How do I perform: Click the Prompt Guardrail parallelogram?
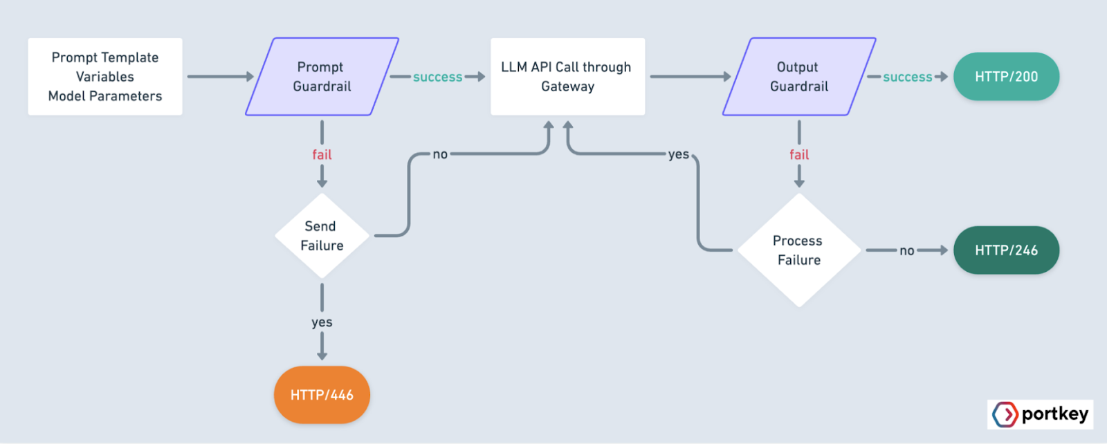(322, 77)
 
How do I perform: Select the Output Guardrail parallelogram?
(799, 77)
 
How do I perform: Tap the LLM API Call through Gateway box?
(567, 77)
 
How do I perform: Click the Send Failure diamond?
(322, 236)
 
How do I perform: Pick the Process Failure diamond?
(799, 250)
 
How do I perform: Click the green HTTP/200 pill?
(1006, 77)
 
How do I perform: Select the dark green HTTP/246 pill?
(1006, 250)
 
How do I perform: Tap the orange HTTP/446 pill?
(322, 395)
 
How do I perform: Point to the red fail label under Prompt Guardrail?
(322, 155)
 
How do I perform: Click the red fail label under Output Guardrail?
(799, 155)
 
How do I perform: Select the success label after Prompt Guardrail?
(437, 77)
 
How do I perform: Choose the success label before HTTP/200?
(907, 77)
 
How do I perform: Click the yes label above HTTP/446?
(322, 323)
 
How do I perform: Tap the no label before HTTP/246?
(906, 251)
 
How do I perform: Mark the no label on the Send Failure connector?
(440, 154)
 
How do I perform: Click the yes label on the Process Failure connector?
(678, 154)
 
